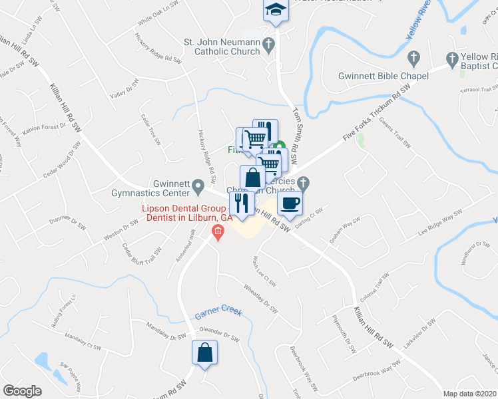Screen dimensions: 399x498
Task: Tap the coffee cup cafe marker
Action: click(290, 203)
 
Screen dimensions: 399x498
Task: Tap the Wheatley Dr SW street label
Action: click(260, 299)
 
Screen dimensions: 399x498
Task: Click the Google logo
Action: click(23, 391)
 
